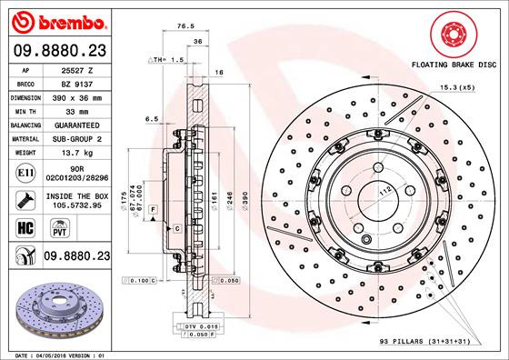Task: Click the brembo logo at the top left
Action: [57, 19]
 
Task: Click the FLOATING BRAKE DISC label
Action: [454, 66]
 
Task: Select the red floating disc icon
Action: [454, 34]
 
